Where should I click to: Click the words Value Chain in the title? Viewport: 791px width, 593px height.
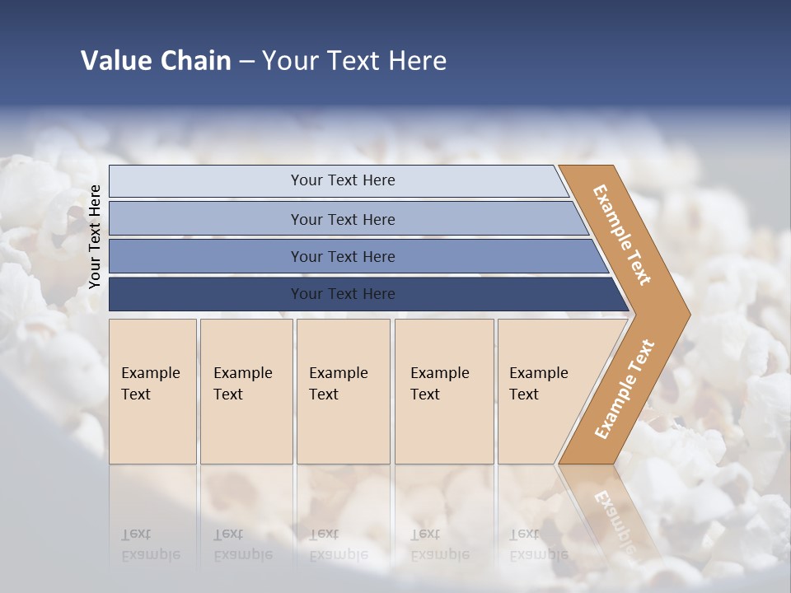click(x=156, y=61)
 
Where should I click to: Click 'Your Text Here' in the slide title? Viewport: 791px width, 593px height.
click(x=354, y=61)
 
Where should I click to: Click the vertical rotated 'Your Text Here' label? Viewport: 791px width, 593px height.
click(x=96, y=236)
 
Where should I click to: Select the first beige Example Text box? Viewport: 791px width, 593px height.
click(x=152, y=391)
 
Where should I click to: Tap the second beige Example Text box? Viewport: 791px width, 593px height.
click(x=246, y=391)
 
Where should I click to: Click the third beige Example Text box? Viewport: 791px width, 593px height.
click(x=343, y=391)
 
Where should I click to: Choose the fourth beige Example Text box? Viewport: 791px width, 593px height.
click(x=444, y=391)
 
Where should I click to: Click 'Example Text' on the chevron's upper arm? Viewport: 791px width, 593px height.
click(x=622, y=235)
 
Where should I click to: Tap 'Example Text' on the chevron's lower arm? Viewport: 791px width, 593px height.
click(x=625, y=390)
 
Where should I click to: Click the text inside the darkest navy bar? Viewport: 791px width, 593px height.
click(x=343, y=294)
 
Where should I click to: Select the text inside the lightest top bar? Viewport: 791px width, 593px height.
click(x=343, y=180)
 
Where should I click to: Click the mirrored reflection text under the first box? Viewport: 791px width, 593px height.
click(x=150, y=544)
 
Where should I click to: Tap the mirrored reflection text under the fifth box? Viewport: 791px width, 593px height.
click(x=538, y=544)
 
